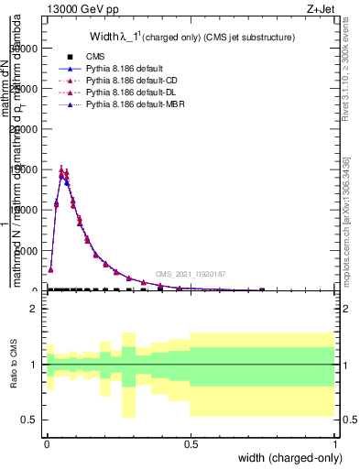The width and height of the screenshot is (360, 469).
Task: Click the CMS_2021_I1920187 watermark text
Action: [190, 274]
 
